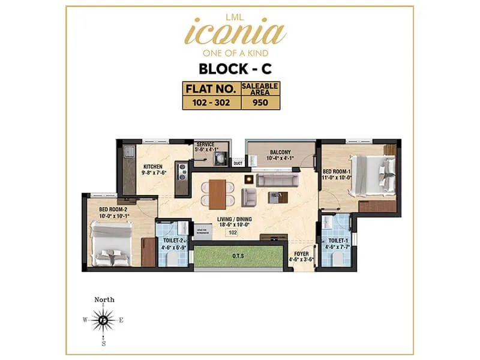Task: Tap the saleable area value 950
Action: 259,102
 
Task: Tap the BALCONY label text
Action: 280,154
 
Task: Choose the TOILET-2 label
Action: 174,240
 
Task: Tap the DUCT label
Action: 238,163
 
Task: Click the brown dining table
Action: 217,193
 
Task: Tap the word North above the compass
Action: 104,300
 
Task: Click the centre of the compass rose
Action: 104,320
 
